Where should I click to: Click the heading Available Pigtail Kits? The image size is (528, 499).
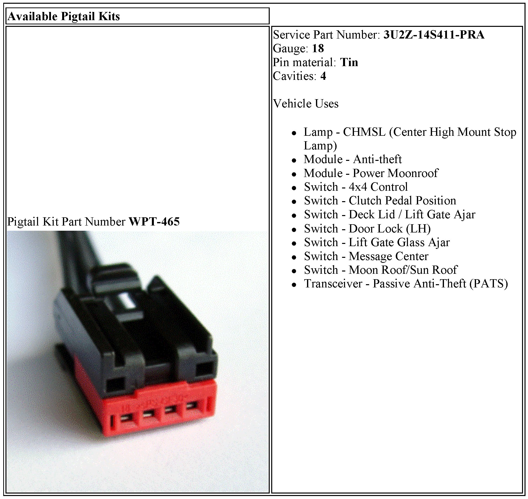coord(64,16)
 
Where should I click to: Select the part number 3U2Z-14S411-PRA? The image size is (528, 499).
coord(434,35)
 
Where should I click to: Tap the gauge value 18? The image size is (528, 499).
coord(318,49)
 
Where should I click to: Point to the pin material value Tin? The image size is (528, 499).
coord(349,62)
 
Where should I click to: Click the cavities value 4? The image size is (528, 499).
coord(323,76)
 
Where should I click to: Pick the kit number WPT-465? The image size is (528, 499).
coord(154,222)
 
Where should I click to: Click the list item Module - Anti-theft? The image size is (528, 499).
coord(352,159)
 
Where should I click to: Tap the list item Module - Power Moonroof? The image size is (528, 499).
coord(371,173)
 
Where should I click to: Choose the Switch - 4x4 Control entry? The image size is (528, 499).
coord(356,187)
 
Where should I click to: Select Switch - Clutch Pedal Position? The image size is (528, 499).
coord(380,201)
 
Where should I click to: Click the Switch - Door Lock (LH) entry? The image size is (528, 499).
coord(367,228)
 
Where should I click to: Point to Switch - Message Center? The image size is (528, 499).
coord(366,256)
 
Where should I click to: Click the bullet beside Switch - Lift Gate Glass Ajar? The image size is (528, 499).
coord(294,243)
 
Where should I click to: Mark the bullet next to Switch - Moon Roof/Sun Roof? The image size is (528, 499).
coord(294,271)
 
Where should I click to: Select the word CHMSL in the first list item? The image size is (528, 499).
coord(364,132)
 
